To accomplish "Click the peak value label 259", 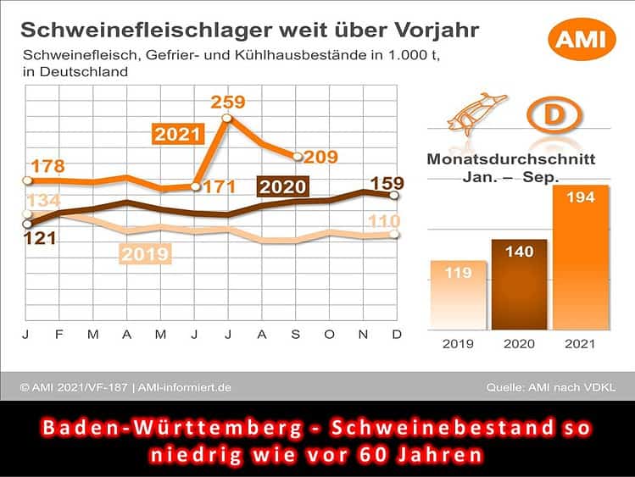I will click(x=228, y=103).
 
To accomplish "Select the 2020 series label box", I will click(x=283, y=186).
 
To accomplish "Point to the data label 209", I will click(x=321, y=157).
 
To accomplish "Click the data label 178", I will click(x=48, y=165).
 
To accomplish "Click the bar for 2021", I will click(x=581, y=257).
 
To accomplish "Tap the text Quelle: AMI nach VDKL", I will click(x=551, y=387).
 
